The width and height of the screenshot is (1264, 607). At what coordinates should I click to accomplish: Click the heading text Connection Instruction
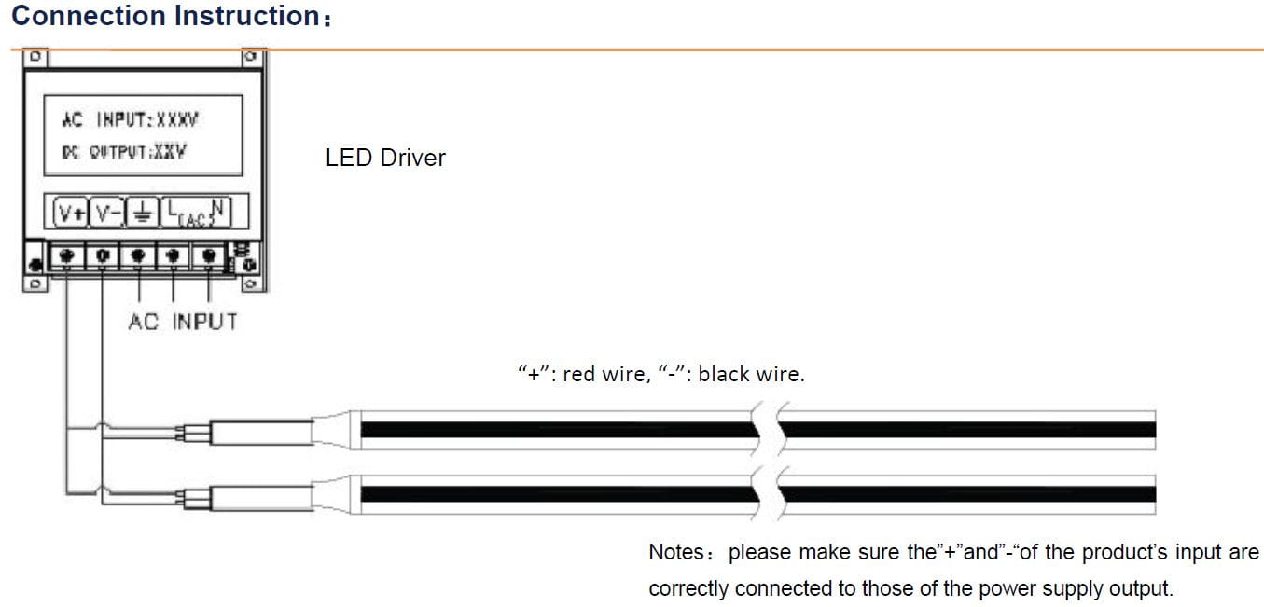pos(166,15)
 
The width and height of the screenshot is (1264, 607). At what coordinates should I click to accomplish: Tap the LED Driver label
pos(385,158)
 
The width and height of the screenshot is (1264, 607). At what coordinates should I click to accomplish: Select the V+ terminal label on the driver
pos(71,213)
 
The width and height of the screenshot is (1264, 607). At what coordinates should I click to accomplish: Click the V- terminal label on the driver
pos(106,213)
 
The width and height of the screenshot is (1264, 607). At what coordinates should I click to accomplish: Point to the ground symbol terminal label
pos(142,214)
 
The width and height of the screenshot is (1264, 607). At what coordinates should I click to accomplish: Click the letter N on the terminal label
pos(218,208)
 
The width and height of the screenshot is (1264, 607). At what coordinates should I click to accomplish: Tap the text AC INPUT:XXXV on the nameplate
pos(130,119)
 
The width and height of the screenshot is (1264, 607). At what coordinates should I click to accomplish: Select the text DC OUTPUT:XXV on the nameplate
pos(124,152)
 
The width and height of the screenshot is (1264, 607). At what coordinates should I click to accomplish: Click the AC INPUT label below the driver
pos(183,322)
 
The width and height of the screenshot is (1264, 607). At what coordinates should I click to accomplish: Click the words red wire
pos(607,374)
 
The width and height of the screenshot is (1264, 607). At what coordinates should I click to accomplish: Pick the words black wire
pos(751,374)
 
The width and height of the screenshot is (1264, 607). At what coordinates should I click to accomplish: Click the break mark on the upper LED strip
pos(768,430)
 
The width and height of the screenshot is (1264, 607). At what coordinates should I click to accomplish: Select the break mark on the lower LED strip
pos(768,494)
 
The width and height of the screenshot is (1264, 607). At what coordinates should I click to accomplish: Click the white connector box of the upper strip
pos(262,432)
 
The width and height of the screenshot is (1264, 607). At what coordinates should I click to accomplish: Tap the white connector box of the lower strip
pos(262,498)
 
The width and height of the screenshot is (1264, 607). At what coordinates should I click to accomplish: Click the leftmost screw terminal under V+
pos(66,256)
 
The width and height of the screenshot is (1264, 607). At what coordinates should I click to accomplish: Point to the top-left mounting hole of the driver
pos(35,57)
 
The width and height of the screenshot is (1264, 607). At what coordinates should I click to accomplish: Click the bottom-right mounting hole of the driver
pos(252,283)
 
